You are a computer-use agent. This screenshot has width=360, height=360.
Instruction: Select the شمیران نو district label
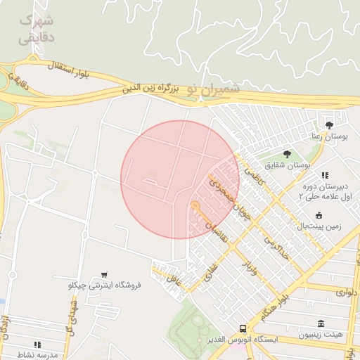click(x=214, y=90)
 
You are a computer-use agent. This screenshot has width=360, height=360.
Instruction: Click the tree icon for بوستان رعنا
click(x=329, y=124)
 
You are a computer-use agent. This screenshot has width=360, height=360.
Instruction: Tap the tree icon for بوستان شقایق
click(x=287, y=153)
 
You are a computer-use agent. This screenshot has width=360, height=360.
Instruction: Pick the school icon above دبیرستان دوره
click(x=324, y=175)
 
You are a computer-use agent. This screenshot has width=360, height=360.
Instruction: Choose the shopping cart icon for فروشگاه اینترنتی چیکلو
click(x=104, y=274)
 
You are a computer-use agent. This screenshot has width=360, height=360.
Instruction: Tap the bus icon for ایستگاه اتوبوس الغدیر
click(x=243, y=328)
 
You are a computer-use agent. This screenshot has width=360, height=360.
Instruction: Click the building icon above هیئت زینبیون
click(x=321, y=323)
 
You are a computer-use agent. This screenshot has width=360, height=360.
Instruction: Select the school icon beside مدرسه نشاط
click(x=37, y=345)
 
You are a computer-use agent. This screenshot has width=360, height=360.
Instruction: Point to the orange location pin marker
click(x=195, y=207)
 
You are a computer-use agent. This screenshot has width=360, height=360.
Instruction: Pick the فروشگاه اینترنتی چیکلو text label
click(x=105, y=285)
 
